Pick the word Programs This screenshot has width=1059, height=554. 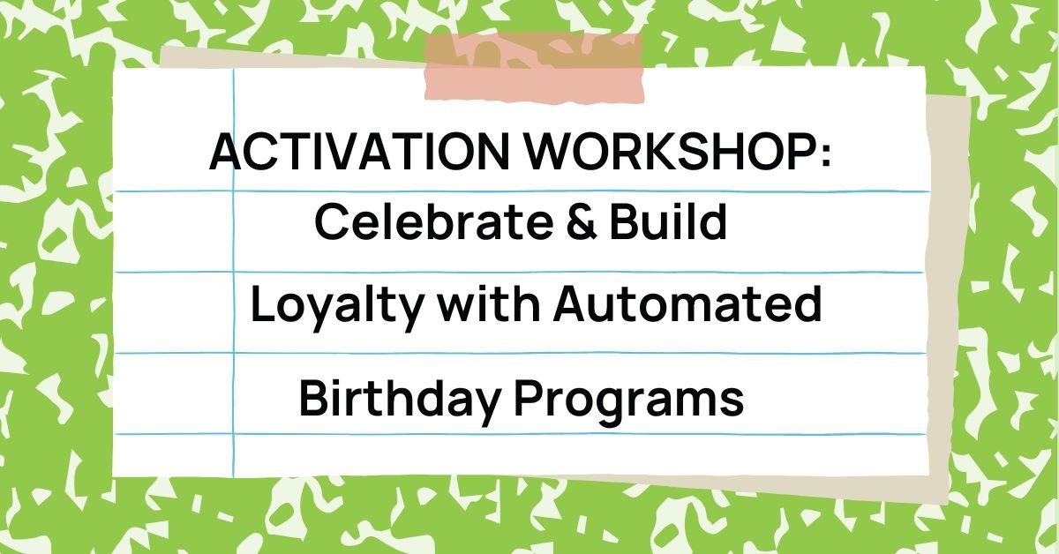(x=629, y=401)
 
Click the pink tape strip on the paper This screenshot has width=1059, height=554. (x=534, y=66)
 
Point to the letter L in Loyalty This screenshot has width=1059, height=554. (x=261, y=304)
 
